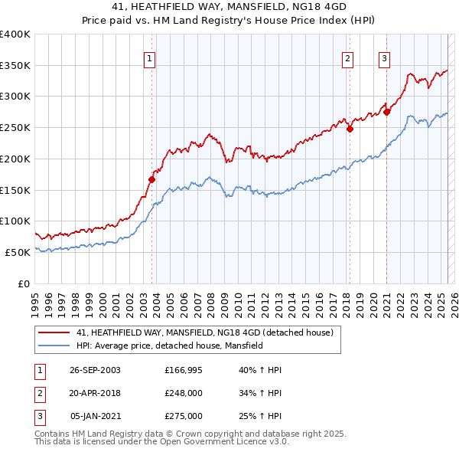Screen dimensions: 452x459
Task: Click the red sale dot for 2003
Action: pos(151,180)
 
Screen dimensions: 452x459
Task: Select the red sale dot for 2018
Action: pos(350,129)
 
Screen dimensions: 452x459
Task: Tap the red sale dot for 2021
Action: pos(386,113)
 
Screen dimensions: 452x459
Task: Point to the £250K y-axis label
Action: pos(15,128)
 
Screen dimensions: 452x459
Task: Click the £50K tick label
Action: pos(18,252)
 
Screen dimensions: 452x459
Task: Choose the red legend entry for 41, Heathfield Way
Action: pos(204,333)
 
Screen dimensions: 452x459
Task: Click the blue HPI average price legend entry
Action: pos(169,346)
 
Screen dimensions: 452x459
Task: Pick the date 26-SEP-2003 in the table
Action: pos(95,371)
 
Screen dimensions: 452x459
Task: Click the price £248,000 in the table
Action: pos(184,394)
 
